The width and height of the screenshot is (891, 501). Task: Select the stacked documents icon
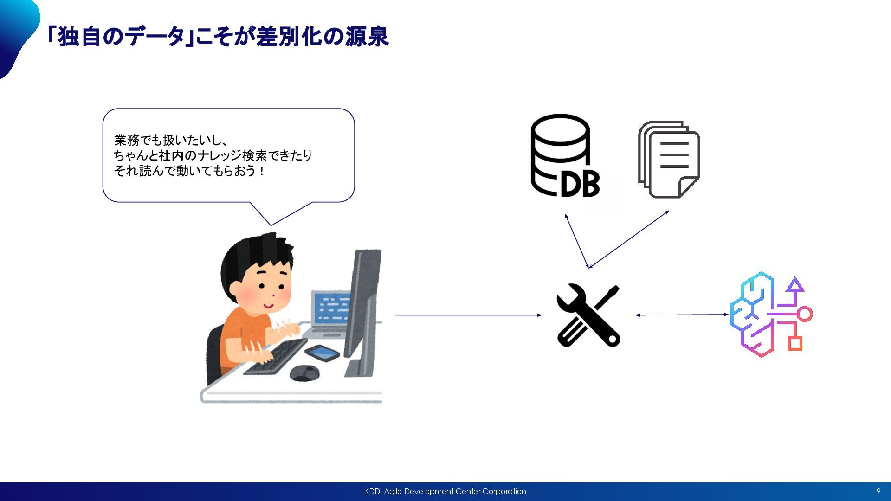tap(669, 159)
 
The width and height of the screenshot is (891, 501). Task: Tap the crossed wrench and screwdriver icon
tap(588, 315)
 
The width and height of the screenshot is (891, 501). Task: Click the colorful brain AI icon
tap(770, 314)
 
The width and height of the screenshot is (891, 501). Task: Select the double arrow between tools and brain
tap(682, 315)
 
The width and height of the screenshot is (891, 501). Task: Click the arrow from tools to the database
tap(577, 241)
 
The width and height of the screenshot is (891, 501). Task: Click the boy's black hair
tap(251, 255)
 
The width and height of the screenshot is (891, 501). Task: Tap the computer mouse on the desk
tap(304, 373)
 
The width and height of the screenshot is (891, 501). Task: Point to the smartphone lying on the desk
tap(322, 353)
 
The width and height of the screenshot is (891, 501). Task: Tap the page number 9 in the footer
tap(878, 491)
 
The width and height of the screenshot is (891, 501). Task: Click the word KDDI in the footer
tap(373, 491)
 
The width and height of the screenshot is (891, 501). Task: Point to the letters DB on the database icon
tap(580, 184)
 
